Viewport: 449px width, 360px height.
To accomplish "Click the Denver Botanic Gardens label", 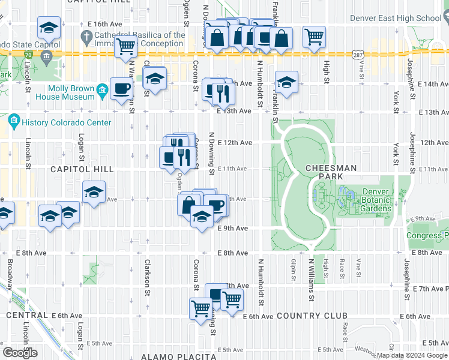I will pos(376,200).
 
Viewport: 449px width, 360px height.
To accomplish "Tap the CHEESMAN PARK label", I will pos(331,173).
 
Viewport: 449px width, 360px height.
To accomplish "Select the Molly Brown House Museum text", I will pos(64,92).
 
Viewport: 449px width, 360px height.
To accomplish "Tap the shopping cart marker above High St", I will pos(314,37).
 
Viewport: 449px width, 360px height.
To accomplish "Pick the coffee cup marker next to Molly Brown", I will pos(122,88).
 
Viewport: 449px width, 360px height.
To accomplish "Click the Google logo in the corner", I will pos(20,353).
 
